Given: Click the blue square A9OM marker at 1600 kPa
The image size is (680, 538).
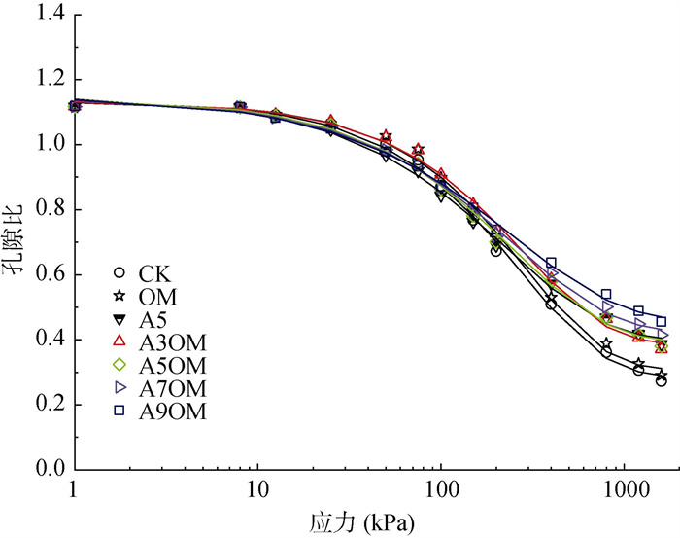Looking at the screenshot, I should point(662,321).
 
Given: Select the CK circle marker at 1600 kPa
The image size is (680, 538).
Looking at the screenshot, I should point(662,381).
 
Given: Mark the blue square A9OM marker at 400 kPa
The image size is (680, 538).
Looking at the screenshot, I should point(551,264).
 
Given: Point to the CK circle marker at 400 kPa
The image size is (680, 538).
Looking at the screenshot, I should point(551,305).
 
